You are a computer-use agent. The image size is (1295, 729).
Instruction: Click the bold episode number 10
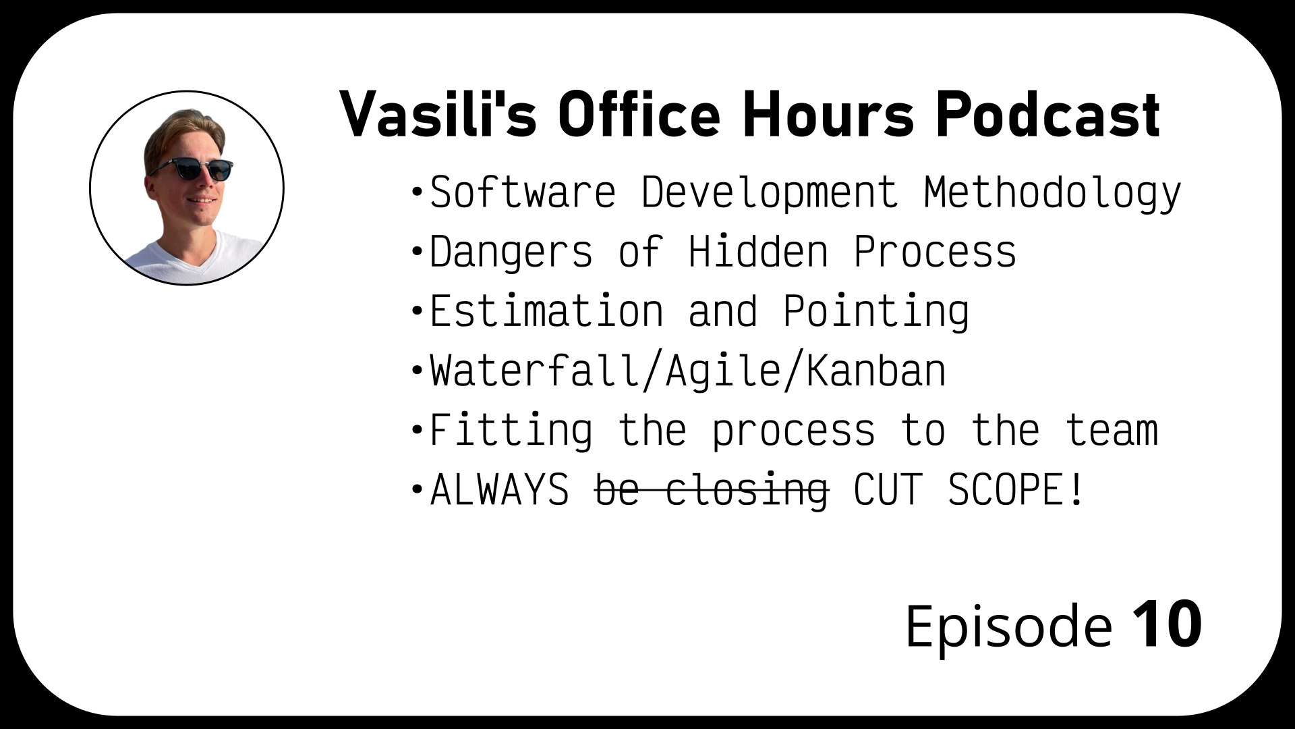(x=1167, y=624)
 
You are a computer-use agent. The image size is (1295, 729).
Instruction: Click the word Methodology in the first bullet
(x=1052, y=194)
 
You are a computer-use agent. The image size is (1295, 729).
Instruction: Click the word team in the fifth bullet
(x=1112, y=431)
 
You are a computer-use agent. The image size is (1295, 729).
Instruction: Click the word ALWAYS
(x=500, y=489)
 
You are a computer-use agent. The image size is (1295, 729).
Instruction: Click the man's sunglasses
(x=192, y=167)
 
